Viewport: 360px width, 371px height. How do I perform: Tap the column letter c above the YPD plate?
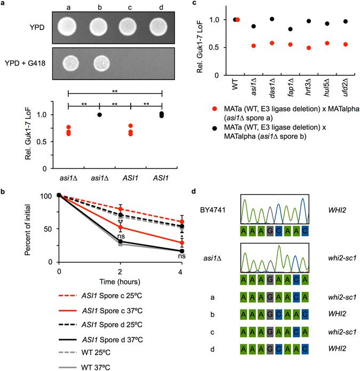[128, 7]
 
